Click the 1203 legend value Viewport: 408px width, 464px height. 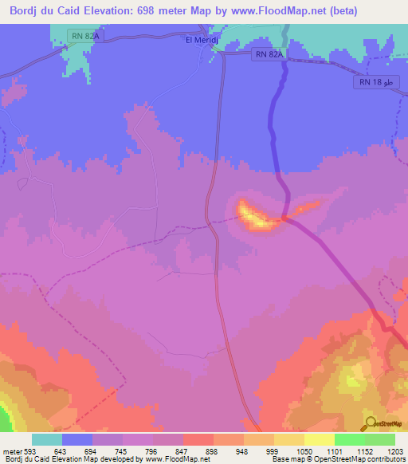pos(395,452)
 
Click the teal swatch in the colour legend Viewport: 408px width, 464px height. pos(48,439)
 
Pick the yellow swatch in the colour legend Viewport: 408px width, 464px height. pos(320,439)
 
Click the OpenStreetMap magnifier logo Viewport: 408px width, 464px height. pos(369,423)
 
